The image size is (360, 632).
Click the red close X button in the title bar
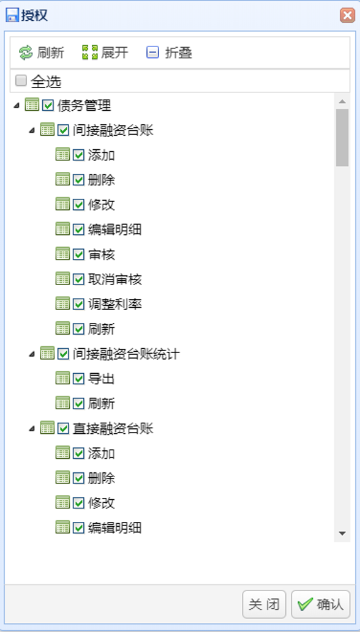point(347,15)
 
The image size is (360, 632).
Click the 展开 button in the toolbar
point(105,53)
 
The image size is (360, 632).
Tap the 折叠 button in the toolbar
point(169,53)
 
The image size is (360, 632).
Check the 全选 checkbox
point(21,81)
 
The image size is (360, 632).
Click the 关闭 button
point(264,604)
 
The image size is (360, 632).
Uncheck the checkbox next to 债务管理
point(48,106)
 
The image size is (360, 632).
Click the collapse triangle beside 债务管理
point(16,106)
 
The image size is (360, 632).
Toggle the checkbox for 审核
point(78,255)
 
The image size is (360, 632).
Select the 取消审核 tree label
point(115,280)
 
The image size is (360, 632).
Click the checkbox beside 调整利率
point(78,304)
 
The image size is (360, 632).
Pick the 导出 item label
point(101,379)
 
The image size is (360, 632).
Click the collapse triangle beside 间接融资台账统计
point(31,354)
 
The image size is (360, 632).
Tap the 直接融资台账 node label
point(113,428)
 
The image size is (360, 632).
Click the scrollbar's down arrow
point(342,533)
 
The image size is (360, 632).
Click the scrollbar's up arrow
point(342,101)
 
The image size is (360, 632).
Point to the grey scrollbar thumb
point(342,138)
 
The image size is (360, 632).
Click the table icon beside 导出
point(62,378)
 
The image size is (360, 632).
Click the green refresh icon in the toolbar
point(26,53)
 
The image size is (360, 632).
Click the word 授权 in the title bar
point(35,15)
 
